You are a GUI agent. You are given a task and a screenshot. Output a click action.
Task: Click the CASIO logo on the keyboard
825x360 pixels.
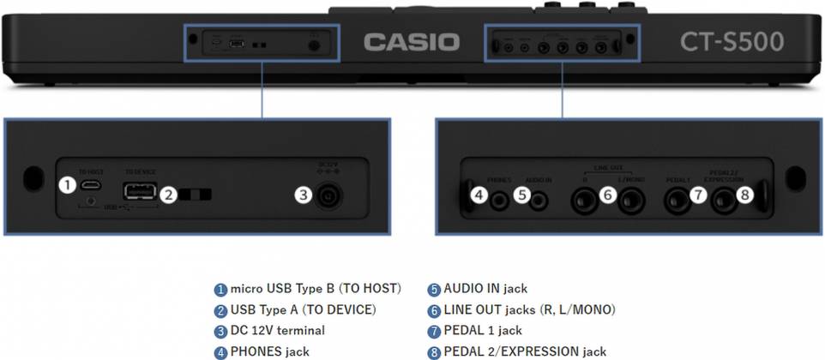tap(411, 41)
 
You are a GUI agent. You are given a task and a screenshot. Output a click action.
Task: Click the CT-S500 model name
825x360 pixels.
tap(732, 41)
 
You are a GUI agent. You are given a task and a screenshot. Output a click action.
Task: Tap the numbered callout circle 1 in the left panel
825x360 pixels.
tap(67, 184)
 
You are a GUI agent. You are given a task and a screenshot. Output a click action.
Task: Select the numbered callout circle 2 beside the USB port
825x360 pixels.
tap(169, 195)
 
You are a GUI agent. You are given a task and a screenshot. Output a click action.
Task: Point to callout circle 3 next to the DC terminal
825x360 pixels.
tap(302, 195)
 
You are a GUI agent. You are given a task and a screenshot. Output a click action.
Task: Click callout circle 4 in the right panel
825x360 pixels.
tap(479, 195)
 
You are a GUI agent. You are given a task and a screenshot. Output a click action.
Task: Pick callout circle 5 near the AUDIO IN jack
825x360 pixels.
tap(521, 195)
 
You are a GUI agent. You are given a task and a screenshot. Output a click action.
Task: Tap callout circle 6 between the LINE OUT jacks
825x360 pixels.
tap(607, 195)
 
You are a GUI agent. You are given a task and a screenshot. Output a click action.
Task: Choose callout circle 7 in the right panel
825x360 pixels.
tap(698, 195)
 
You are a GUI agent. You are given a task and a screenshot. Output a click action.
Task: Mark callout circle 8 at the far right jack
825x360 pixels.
tap(744, 195)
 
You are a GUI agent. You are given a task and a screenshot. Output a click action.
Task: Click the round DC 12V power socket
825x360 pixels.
tap(328, 196)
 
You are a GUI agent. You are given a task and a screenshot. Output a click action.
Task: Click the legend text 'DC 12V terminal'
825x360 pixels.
tap(277, 330)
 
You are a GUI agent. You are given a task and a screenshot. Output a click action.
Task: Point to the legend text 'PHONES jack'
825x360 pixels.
tap(269, 351)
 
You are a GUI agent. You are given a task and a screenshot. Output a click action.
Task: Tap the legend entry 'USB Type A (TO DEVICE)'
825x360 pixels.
tap(303, 309)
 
